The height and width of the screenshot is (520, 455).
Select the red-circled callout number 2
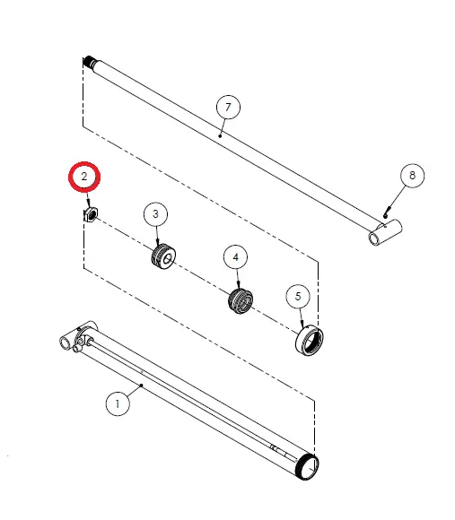point(84,177)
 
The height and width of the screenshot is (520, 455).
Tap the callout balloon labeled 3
point(156,214)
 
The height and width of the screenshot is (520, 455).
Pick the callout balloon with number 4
point(236,257)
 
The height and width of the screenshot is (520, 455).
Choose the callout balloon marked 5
point(298,295)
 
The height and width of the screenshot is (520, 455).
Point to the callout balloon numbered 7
point(228,108)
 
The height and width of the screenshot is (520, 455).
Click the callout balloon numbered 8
point(412,176)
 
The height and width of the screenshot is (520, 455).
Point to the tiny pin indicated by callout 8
point(385,212)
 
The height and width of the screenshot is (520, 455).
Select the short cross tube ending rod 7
point(381,236)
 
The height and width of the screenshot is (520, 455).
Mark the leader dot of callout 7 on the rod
point(220,137)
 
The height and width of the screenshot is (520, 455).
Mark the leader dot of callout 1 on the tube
point(142,385)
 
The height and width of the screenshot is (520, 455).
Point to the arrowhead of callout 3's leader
point(159,245)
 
